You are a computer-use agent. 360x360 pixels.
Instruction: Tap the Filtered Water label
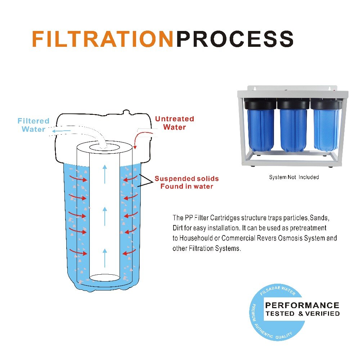tap(33, 125)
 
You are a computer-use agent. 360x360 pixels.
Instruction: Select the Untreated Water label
tap(175, 123)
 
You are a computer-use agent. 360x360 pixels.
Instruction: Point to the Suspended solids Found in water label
tap(186, 183)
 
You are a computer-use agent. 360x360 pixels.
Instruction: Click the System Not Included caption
tap(294, 177)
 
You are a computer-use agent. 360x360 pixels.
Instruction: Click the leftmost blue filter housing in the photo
tap(260, 130)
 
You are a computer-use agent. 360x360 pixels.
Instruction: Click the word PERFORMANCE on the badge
tap(302, 306)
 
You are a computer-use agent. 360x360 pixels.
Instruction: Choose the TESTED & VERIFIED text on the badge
tap(302, 314)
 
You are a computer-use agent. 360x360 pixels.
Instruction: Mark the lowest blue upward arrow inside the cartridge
tap(105, 257)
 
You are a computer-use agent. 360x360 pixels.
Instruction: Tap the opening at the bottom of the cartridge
tap(104, 278)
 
